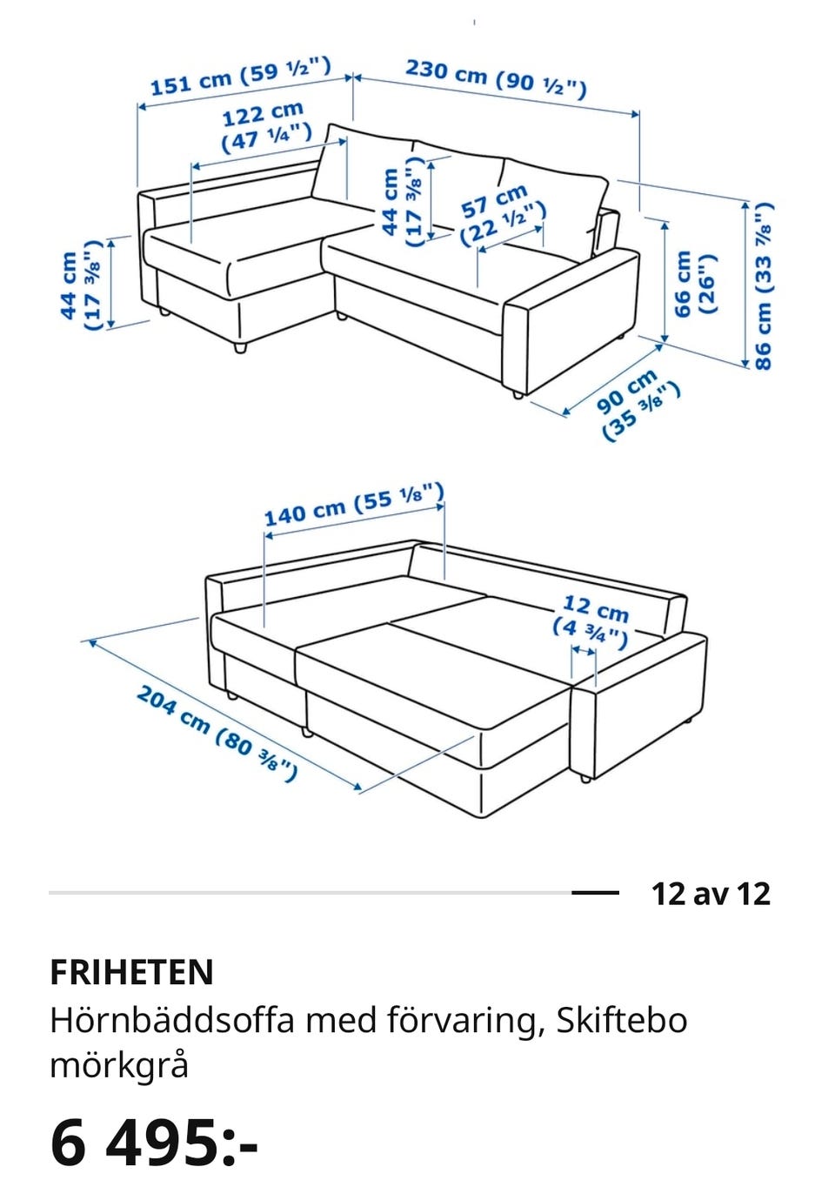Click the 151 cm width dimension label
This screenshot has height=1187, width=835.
241,76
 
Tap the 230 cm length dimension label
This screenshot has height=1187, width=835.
496,78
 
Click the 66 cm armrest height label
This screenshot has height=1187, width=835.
695,284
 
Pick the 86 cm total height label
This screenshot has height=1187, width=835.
764,285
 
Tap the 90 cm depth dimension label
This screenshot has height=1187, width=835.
639,404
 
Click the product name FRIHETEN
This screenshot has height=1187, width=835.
132,971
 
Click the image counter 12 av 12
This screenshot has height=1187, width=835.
711,894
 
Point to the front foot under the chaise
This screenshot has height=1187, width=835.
240,347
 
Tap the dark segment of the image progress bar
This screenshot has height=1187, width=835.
595,893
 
